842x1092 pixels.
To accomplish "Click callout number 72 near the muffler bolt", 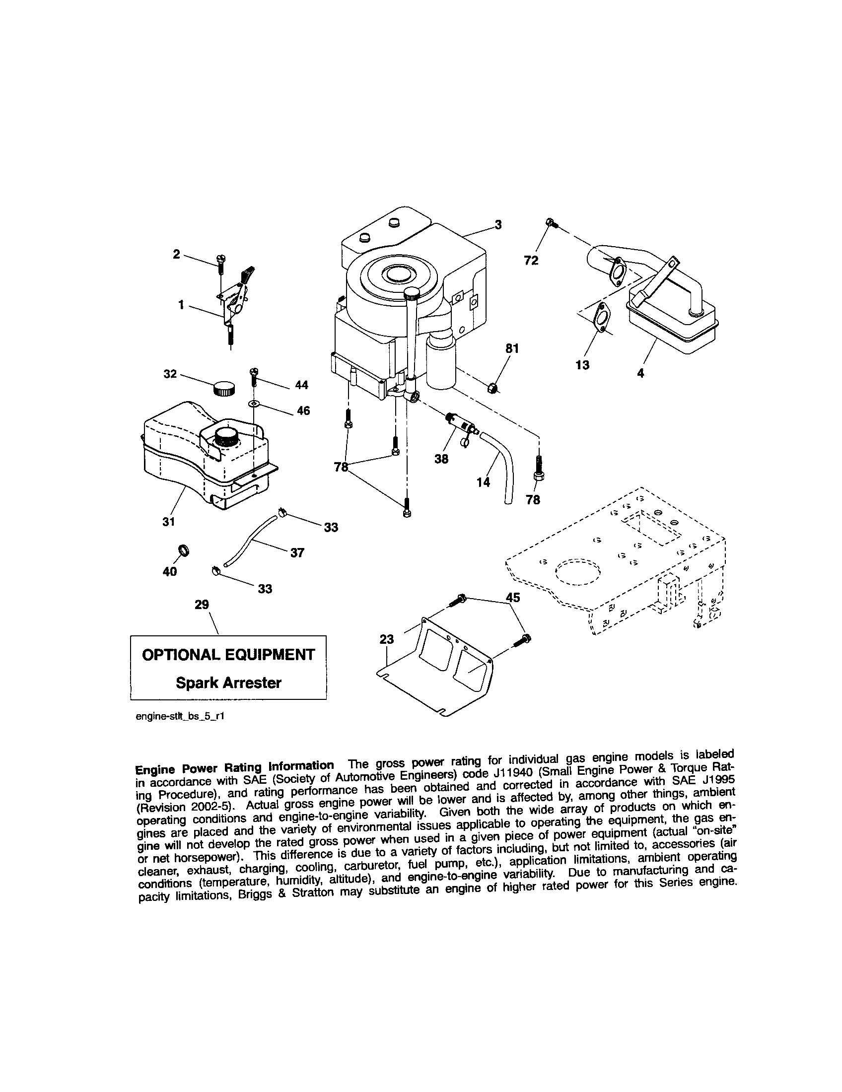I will click(531, 261).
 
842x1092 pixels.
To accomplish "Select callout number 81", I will click(512, 348).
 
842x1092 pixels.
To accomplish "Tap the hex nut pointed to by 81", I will click(492, 388).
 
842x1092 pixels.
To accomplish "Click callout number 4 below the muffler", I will click(641, 372).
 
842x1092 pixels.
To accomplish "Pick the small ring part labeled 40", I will click(185, 551).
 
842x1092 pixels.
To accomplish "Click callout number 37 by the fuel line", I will click(297, 553).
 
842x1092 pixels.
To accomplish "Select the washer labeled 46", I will click(254, 403).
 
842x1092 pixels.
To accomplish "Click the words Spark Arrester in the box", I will click(228, 683).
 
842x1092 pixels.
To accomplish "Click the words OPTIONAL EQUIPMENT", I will click(228, 655).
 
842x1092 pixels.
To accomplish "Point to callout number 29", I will click(202, 605).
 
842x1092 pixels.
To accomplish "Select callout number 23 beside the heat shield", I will click(387, 639).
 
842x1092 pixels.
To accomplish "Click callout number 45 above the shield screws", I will click(513, 598).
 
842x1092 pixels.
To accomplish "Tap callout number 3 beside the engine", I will click(498, 225).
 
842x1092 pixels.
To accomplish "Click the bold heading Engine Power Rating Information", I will click(234, 767).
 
